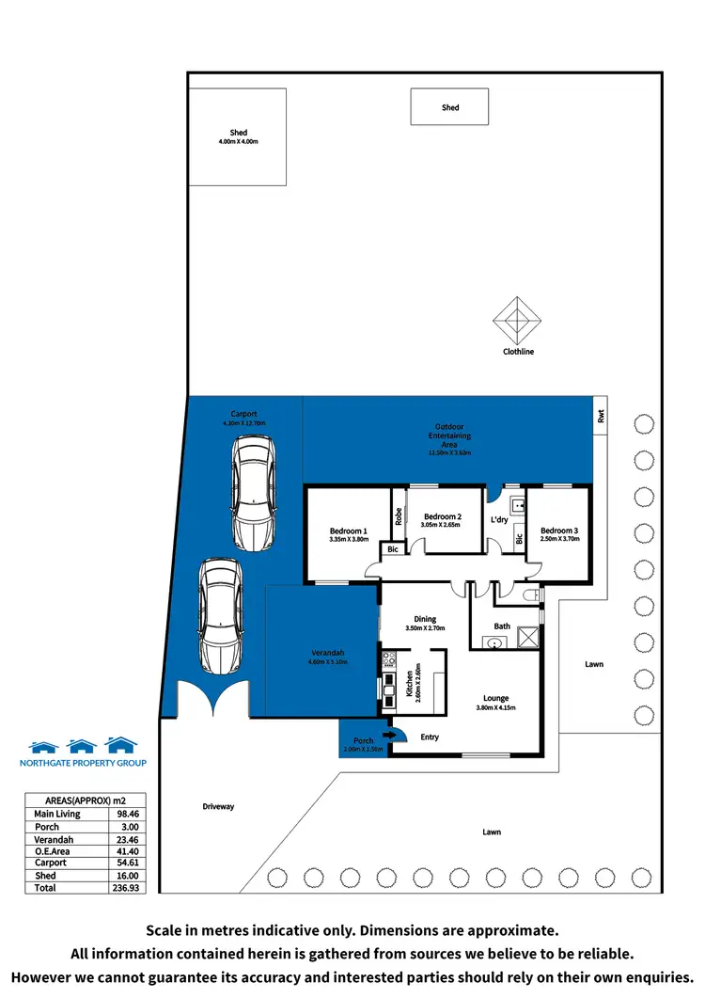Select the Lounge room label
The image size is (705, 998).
pos(495,697)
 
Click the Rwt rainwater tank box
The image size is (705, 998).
pos(600,415)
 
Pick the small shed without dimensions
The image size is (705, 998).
pos(450,107)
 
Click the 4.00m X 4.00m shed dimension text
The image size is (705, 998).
pos(238,142)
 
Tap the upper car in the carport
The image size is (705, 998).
pos(253,496)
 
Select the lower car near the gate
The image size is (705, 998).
pos(217,616)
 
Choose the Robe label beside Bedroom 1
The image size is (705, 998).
pos(399,515)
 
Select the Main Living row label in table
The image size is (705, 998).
pos(57,814)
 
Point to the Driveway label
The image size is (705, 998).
pos(217,807)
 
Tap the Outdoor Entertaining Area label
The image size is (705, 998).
pos(451,436)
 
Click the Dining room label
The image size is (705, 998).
pos(425,619)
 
